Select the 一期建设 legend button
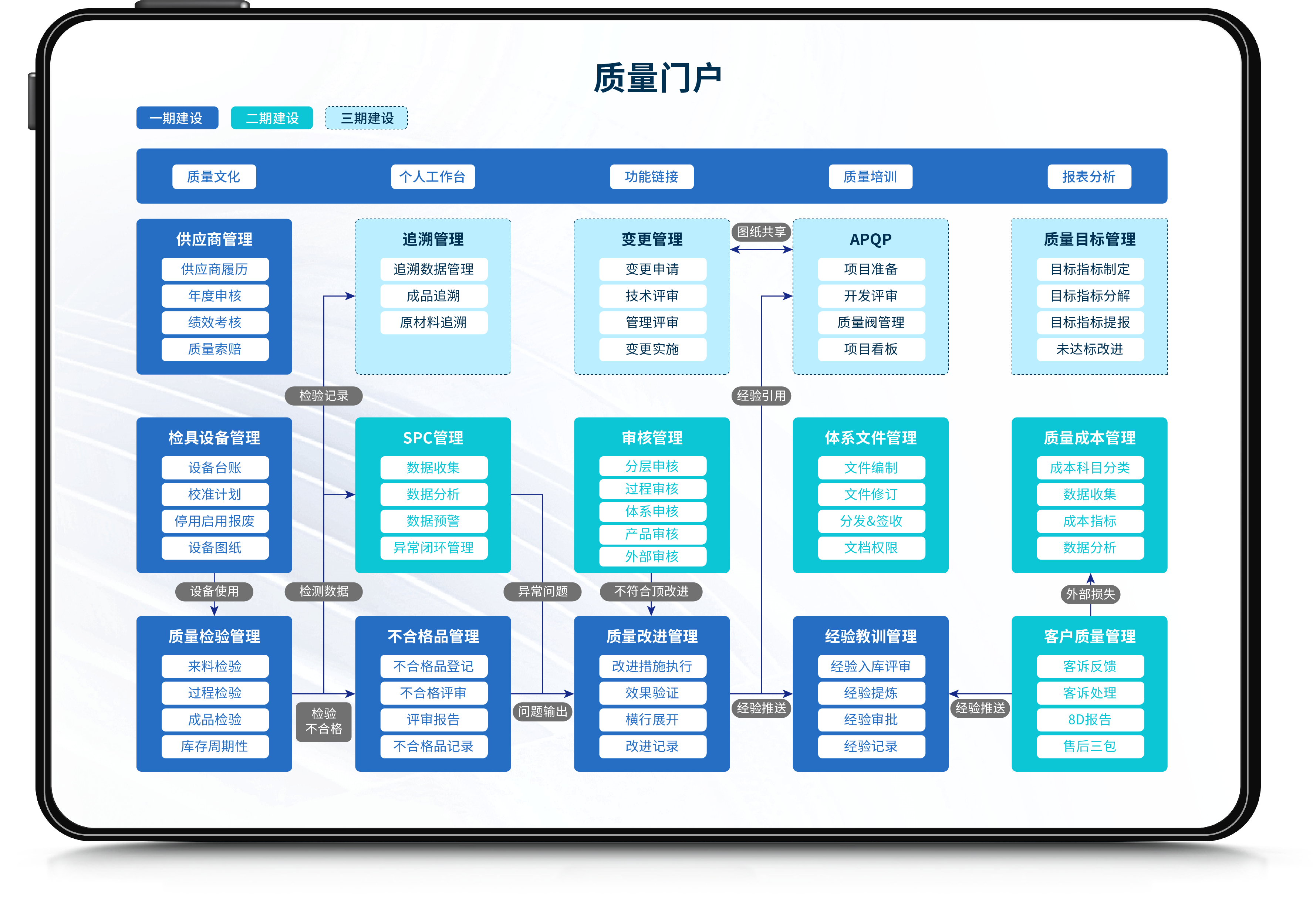[177, 118]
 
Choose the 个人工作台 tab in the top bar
[433, 177]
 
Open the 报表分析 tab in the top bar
[1089, 177]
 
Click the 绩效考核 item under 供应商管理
[215, 322]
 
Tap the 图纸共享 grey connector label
[761, 231]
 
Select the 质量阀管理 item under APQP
[871, 322]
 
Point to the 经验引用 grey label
[761, 396]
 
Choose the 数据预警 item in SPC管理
[433, 521]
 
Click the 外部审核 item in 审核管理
[652, 557]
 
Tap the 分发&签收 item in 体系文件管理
[871, 521]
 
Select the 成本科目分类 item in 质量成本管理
[1090, 468]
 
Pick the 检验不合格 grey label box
[324, 721]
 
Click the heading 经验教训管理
[871, 636]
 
